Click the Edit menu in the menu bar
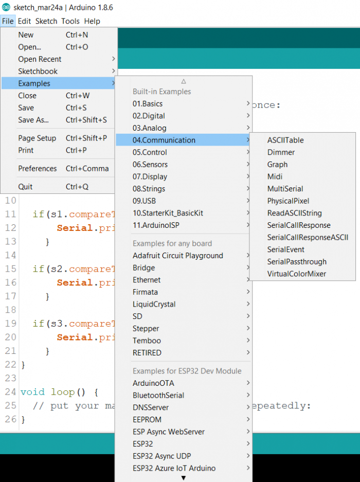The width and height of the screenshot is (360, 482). coord(24,21)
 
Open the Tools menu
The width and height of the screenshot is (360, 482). coord(70,21)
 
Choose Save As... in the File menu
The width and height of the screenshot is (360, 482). coord(33,120)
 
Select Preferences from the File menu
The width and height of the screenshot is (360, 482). coord(38,168)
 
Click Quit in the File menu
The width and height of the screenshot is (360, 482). coord(25,187)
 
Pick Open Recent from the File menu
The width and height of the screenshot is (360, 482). coord(40,59)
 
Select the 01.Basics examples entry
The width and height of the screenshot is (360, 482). coord(148,103)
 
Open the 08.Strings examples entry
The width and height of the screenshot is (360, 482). coord(149,189)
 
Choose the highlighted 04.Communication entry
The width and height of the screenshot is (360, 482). coord(164,140)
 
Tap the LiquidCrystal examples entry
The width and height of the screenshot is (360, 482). coord(154,305)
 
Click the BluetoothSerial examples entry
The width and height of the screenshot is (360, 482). coord(158,395)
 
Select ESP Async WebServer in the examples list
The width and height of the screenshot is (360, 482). coord(169,432)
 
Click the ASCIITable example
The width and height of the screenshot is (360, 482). coord(285,140)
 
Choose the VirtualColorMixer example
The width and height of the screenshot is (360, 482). coord(296,274)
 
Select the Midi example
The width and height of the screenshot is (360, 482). coord(275,177)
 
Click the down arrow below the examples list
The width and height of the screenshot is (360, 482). coord(184,478)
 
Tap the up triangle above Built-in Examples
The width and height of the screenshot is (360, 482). coord(184,81)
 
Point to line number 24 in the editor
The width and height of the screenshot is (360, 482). coord(10,392)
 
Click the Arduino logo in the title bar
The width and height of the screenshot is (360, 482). coord(6,7)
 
